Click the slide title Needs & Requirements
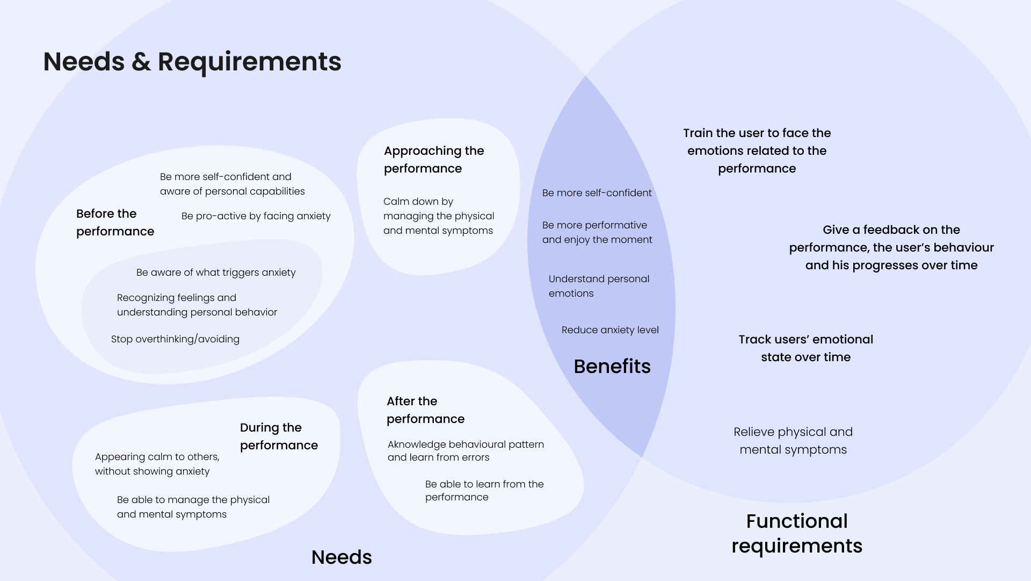[192, 61]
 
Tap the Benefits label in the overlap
[612, 367]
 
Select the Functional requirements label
[796, 533]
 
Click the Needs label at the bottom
[342, 557]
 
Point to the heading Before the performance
[115, 223]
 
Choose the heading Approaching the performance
[434, 160]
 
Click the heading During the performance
[279, 436]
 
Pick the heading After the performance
[425, 410]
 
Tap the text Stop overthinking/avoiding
[175, 339]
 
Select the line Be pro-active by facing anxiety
[256, 216]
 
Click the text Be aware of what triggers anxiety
[216, 272]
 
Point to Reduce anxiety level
[610, 330]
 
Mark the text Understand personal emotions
[599, 286]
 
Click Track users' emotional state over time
[805, 348]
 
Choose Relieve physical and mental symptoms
[793, 441]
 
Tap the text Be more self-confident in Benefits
[597, 193]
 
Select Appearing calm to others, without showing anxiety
[157, 464]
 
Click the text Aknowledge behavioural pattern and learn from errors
[466, 451]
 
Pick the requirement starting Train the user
[757, 150]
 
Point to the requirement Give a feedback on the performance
[891, 247]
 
